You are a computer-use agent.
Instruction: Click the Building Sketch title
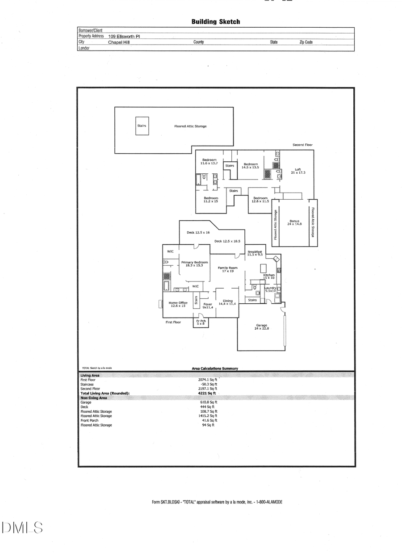tap(215, 21)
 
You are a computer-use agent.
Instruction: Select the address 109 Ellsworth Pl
tap(124, 36)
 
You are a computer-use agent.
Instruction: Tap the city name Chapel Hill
tap(119, 42)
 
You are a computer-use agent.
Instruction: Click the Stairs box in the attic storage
tap(142, 126)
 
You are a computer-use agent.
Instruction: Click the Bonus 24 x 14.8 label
tap(294, 222)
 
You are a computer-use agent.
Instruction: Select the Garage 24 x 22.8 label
tap(261, 327)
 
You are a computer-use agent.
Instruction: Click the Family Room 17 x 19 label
tap(227, 269)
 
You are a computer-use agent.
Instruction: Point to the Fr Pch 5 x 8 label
tap(201, 322)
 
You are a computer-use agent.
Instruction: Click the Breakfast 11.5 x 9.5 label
tap(255, 253)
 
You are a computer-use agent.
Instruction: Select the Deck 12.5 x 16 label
tap(198, 232)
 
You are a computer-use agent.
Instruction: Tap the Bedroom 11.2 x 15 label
tap(211, 199)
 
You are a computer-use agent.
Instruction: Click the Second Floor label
tap(303, 145)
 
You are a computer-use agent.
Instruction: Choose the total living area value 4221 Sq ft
tap(207, 393)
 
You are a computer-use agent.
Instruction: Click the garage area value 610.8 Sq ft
tap(209, 402)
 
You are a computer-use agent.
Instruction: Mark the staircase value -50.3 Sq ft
tap(209, 384)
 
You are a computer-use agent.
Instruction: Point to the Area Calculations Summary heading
tap(215, 369)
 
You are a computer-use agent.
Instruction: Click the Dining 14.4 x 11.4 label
tap(228, 302)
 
